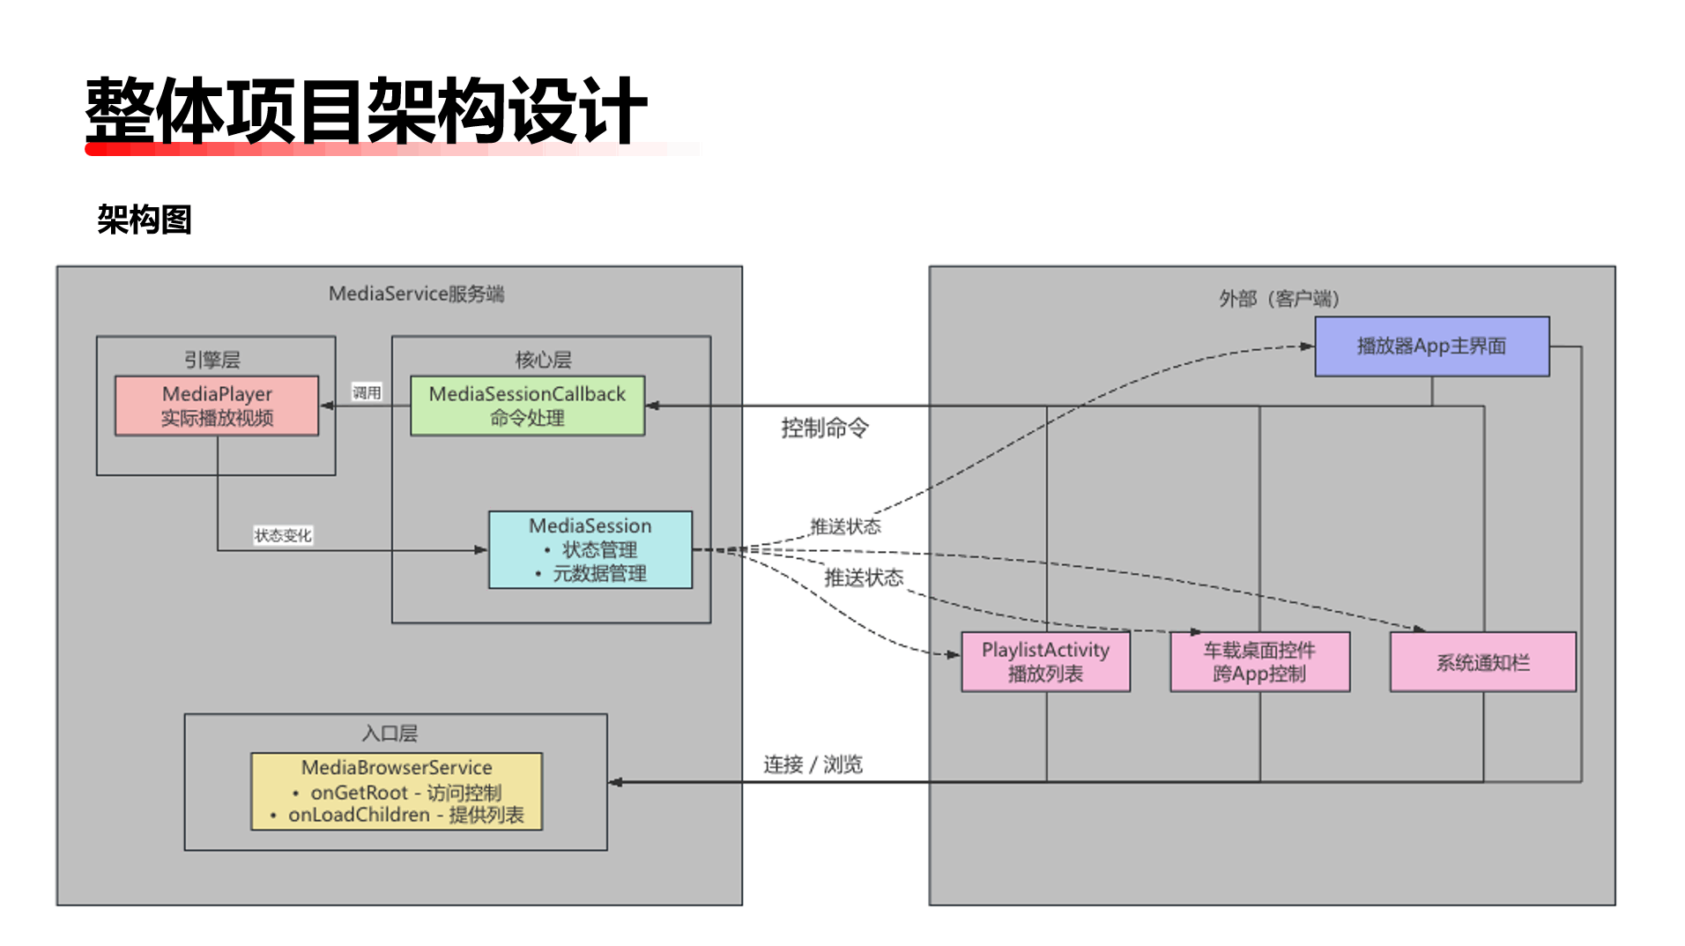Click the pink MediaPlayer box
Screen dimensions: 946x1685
[x=217, y=406]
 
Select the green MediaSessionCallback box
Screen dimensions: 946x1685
[x=527, y=406]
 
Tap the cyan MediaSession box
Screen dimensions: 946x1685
[x=590, y=549]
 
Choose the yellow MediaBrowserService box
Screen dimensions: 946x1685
[x=397, y=791]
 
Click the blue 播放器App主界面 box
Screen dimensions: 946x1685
[x=1431, y=346]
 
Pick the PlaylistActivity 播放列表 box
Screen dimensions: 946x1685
[x=1045, y=661]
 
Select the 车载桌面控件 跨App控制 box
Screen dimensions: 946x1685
[x=1259, y=661]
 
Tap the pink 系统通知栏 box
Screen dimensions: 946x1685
[x=1482, y=662]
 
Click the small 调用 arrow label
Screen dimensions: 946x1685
[x=367, y=392]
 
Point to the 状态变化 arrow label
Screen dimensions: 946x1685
[x=283, y=535]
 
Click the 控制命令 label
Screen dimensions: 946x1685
[x=824, y=428]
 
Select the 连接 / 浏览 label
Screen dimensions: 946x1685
[x=813, y=764]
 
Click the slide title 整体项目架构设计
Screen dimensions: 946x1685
[x=366, y=111]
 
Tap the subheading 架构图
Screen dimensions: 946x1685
[x=145, y=220]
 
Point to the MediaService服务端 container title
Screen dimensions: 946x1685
[x=416, y=294]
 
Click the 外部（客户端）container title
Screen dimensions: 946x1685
[x=1279, y=299]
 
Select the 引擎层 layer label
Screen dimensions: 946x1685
[x=212, y=360]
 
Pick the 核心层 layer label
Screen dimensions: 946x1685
[x=543, y=360]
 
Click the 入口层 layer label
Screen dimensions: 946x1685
[x=390, y=734]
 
